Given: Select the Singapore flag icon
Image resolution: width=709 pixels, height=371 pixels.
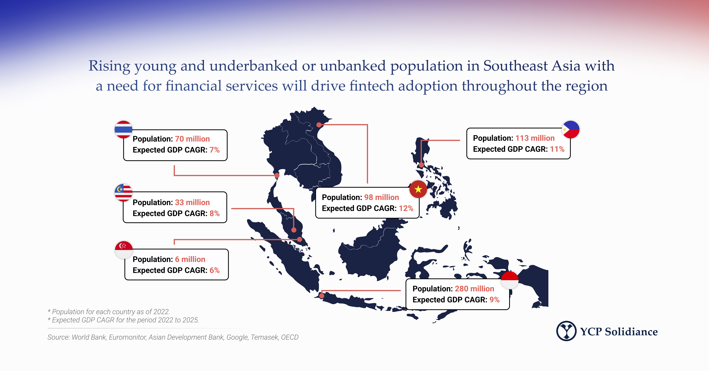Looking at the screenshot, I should [124, 250].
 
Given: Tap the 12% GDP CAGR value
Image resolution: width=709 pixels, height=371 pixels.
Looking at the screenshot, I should [406, 208].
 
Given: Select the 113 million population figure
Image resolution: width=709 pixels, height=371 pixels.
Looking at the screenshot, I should [535, 138].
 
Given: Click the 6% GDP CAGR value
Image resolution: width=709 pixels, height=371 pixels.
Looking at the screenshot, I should [214, 270].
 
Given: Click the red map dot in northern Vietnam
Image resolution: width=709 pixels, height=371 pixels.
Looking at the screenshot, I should [319, 125].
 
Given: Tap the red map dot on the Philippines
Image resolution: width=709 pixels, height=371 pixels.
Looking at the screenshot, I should [421, 165].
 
